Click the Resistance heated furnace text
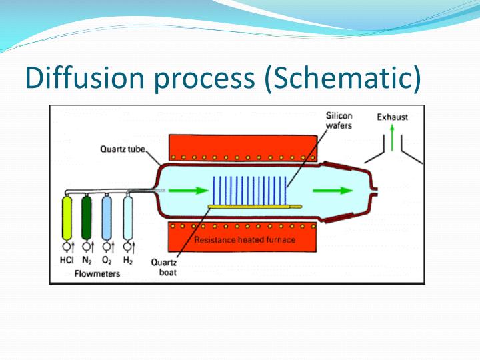pyautogui.click(x=245, y=240)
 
